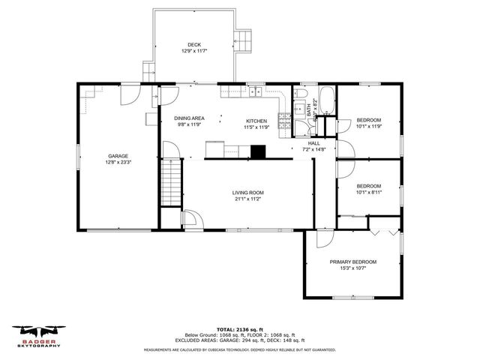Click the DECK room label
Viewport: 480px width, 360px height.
click(x=194, y=44)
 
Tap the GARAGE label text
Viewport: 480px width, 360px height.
click(x=118, y=156)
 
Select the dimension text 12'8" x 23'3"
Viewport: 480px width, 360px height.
click(x=118, y=162)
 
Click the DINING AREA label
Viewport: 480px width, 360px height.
click(x=189, y=118)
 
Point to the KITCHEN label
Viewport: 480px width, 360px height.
click(x=257, y=121)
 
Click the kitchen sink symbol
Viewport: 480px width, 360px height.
click(x=255, y=93)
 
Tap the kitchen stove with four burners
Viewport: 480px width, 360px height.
click(x=284, y=121)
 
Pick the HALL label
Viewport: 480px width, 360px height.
click(x=313, y=144)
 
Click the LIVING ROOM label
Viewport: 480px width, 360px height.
click(x=247, y=193)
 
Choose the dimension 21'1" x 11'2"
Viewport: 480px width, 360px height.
click(x=247, y=199)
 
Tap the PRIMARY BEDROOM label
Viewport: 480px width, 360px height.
click(x=353, y=262)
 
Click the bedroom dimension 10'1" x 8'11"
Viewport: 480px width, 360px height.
click(x=368, y=193)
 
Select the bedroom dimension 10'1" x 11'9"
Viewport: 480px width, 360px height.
click(x=368, y=127)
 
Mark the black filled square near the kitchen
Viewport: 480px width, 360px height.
click(x=258, y=151)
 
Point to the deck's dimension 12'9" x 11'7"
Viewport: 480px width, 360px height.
click(x=194, y=51)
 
